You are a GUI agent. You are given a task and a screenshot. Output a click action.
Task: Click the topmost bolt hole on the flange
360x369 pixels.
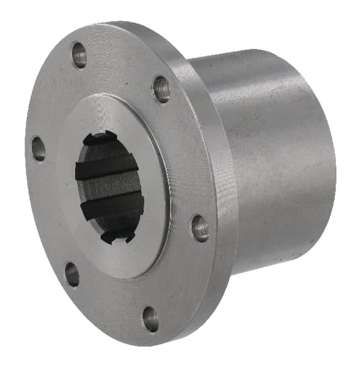pos(79,55)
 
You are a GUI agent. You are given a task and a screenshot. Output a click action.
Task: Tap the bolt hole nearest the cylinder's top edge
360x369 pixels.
pos(161,89)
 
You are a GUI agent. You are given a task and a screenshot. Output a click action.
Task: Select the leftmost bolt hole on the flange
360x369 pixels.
pos(38,149)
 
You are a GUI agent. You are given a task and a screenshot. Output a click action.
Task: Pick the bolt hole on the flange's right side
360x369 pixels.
pos(200,228)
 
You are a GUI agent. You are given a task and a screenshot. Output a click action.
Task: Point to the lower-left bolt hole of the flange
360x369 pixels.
pos(72,274)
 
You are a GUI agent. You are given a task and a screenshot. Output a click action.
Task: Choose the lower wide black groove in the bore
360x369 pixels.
pos(112,208)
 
